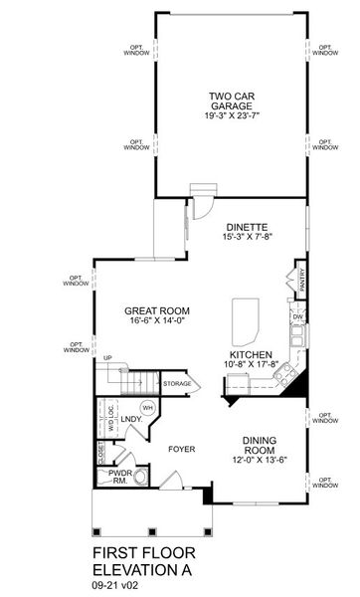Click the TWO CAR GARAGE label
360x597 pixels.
[x=231, y=100]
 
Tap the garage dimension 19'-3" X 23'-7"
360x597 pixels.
[x=231, y=116]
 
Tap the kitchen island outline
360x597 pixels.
[x=245, y=319]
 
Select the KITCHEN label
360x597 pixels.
[x=249, y=354]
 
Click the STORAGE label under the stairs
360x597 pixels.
[x=178, y=383]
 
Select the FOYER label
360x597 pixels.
[x=181, y=449]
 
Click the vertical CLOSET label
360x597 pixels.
[x=101, y=454]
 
